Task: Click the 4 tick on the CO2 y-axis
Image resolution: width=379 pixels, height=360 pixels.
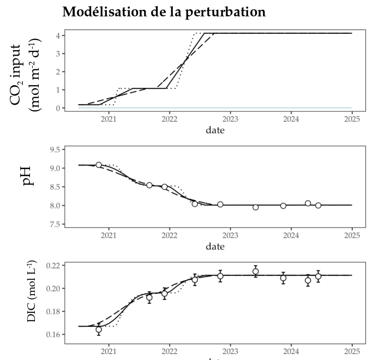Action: coord(57,35)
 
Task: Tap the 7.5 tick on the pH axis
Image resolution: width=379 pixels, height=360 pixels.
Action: coord(54,224)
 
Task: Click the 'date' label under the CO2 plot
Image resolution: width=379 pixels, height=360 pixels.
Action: coord(214,130)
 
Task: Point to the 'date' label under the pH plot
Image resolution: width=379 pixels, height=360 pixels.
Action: coord(214,247)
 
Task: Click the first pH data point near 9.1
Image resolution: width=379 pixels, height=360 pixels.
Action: coord(99,165)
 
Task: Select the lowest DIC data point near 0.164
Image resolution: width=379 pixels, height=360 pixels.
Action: coord(99,329)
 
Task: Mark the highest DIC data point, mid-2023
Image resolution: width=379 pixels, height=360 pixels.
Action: coord(255,271)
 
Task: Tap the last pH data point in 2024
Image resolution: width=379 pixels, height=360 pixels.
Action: coord(318,205)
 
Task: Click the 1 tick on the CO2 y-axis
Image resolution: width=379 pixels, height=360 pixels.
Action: coord(57,89)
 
